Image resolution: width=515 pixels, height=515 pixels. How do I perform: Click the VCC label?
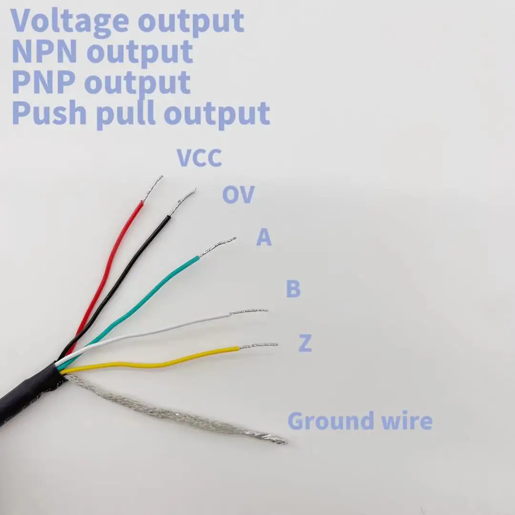pos(199,158)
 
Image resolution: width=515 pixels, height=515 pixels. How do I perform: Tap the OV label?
pos(238,195)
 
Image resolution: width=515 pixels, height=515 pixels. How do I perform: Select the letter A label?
pos(264,237)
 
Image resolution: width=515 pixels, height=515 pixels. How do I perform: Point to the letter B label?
pos(293,289)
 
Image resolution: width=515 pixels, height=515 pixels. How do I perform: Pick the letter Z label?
pos(305,343)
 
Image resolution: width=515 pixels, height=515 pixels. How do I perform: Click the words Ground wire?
pos(360,422)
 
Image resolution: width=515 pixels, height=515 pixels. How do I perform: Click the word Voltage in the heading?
pos(69,21)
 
